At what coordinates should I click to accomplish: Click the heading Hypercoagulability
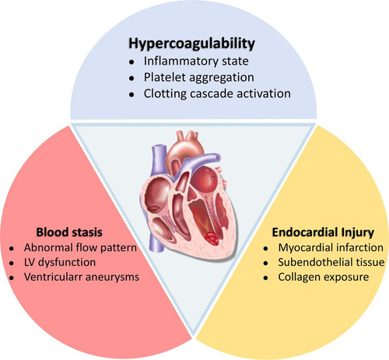(191, 44)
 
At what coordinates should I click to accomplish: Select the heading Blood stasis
(69, 232)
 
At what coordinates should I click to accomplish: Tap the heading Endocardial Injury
(323, 232)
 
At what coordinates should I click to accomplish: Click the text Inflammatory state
(196, 61)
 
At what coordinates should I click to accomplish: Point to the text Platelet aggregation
(199, 78)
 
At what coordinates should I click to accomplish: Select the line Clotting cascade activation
(217, 93)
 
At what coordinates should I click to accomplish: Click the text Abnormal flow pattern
(80, 248)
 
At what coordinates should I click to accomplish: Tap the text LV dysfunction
(60, 262)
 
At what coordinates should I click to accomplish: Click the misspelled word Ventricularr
(53, 277)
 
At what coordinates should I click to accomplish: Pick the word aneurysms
(112, 278)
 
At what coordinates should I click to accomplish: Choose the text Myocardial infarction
(331, 248)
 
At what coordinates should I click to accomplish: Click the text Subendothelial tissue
(331, 262)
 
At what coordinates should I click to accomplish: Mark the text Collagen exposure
(324, 277)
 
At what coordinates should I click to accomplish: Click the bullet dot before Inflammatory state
(132, 62)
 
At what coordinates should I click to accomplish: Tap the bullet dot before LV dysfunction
(12, 264)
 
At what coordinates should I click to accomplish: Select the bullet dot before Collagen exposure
(265, 278)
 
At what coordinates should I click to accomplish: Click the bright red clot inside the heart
(212, 238)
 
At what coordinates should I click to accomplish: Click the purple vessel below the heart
(156, 239)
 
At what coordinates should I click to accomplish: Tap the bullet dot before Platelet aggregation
(132, 79)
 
